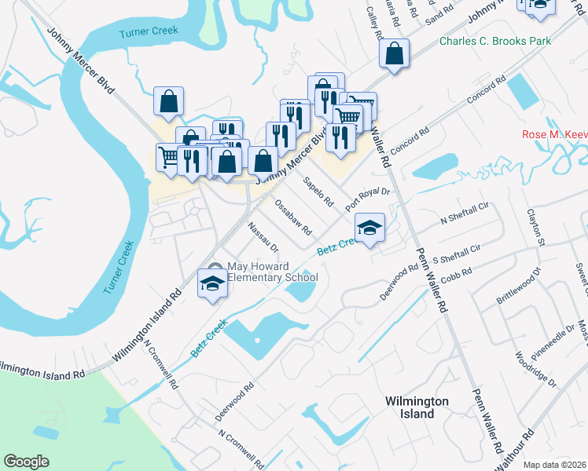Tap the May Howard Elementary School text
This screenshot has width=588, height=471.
(x=272, y=271)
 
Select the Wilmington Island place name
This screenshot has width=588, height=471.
(x=417, y=407)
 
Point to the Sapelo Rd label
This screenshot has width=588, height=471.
(x=319, y=192)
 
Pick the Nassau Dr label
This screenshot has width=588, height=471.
(x=263, y=237)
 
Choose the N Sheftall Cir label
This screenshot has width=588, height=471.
(x=465, y=213)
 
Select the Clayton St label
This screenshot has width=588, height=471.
(x=536, y=227)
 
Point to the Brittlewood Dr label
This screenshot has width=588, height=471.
(x=519, y=287)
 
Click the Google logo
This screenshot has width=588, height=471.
(x=27, y=461)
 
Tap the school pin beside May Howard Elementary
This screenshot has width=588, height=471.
(x=212, y=283)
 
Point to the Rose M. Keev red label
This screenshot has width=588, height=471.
(x=554, y=134)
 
